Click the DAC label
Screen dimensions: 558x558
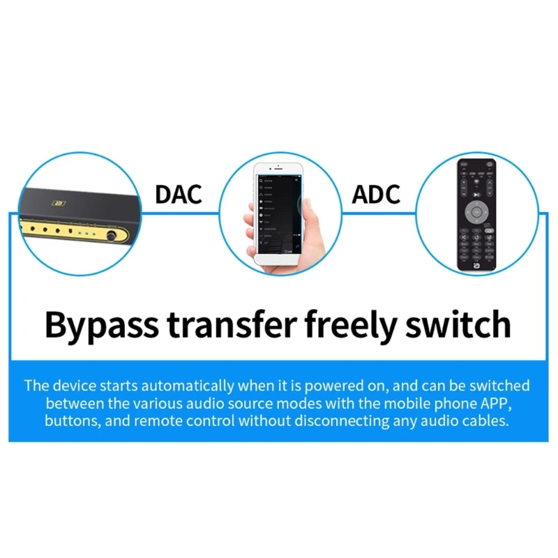tap(179, 194)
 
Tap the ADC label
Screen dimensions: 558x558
tap(377, 194)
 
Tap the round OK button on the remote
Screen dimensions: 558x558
tap(476, 211)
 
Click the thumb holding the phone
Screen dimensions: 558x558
tap(307, 209)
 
